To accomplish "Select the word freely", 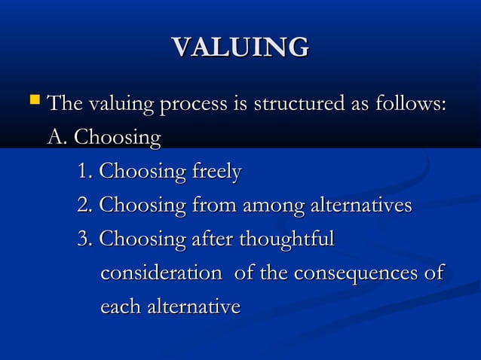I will point(216,172).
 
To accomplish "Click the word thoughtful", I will point(286,240).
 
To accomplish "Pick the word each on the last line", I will point(119,307).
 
